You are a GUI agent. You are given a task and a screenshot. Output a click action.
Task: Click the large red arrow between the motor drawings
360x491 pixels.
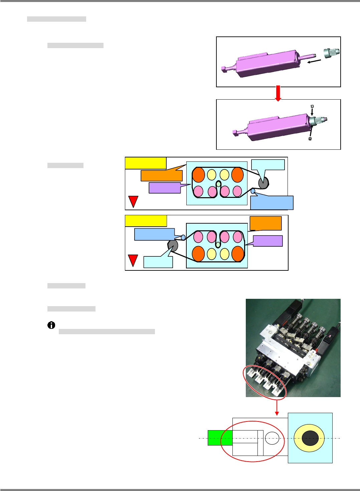pos(278,93)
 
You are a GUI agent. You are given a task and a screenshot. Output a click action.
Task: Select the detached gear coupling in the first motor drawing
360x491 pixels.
pos(331,53)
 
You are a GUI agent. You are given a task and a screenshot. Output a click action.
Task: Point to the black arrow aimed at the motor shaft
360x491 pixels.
pos(314,62)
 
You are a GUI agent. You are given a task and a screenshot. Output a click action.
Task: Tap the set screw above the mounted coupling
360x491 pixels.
pos(312,106)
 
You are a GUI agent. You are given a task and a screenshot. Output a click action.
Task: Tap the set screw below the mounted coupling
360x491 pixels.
pos(310,138)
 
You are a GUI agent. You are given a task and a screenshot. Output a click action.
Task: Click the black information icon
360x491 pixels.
pos(51,325)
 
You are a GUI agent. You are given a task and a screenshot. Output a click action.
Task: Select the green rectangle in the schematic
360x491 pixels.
pos(220,438)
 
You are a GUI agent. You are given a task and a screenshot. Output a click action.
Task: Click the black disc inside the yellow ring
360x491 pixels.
pos(310,438)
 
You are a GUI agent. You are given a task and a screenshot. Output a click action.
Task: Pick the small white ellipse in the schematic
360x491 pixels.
pos(272,438)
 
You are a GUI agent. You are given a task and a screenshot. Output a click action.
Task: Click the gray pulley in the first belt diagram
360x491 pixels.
pos(263,182)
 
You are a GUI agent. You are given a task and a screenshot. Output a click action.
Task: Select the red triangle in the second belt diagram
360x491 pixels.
pos(133,260)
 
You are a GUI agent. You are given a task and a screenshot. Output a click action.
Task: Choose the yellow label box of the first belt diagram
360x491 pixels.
pos(146,163)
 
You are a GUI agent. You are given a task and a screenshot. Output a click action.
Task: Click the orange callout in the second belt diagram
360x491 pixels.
pos(265,223)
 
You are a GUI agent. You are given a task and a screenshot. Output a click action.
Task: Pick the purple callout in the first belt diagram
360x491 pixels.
pos(165,188)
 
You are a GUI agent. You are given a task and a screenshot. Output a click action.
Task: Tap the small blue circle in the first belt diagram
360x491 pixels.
pos(253,191)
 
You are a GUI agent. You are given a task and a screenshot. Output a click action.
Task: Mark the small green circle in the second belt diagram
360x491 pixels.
pos(218,245)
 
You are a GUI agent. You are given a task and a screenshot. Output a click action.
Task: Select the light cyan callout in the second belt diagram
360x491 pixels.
pos(158,262)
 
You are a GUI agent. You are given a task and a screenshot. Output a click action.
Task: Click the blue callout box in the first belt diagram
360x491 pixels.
pos(272,203)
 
